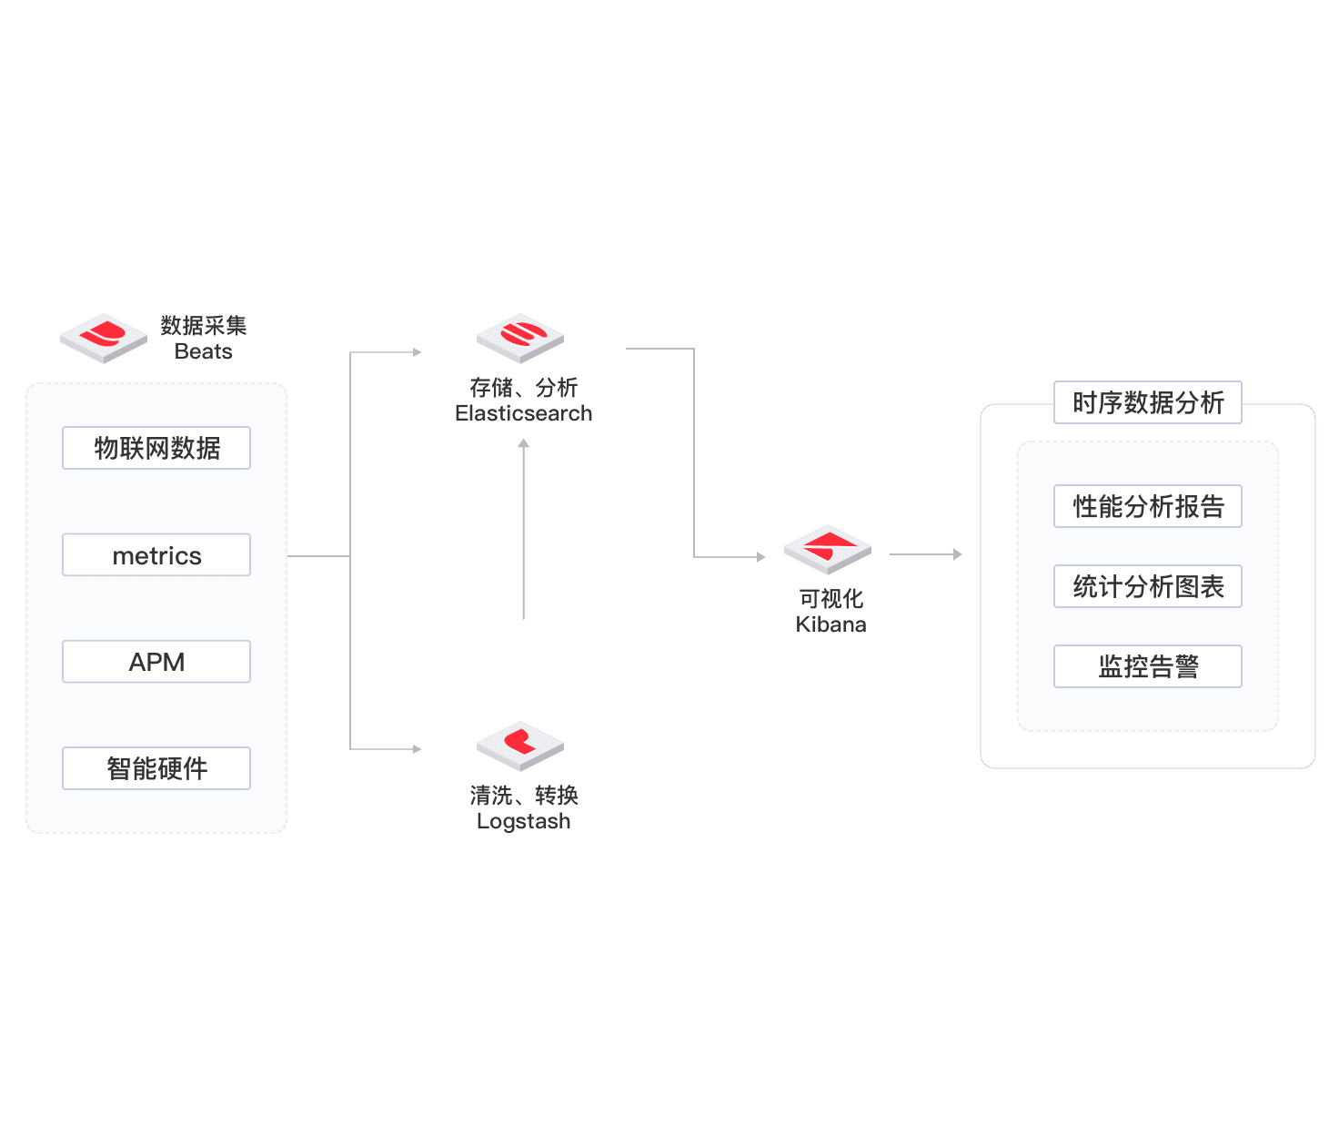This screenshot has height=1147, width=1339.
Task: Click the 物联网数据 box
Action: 156,447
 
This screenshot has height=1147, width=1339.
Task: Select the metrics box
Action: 156,554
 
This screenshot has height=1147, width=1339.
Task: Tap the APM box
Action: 156,662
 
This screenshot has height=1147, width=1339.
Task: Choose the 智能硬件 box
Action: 156,767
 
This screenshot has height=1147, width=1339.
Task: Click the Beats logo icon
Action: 104,338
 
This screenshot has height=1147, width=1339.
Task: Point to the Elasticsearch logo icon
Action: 520,338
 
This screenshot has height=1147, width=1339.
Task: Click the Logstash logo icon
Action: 520,746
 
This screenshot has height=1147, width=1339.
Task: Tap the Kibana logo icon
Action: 827,549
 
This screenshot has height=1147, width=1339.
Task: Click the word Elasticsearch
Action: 523,413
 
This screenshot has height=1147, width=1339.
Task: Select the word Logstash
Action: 523,821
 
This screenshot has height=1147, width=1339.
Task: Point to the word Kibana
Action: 831,624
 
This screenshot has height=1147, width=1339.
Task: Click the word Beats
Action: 203,350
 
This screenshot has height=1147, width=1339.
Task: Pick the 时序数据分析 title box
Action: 1147,402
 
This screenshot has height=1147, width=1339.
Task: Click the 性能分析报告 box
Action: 1147,506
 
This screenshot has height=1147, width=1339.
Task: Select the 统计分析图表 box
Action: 1147,586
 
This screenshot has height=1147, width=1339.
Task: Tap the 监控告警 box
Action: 1147,665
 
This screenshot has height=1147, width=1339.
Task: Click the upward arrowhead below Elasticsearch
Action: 523,442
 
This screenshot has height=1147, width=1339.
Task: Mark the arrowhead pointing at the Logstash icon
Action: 418,749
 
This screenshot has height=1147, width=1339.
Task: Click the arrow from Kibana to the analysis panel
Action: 926,554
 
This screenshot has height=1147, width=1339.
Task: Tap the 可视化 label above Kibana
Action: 831,598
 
